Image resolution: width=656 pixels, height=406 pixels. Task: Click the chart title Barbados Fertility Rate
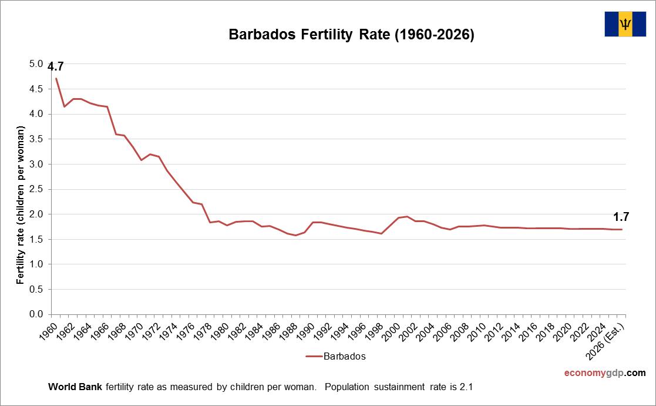[351, 35]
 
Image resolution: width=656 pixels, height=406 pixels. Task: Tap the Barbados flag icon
[626, 24]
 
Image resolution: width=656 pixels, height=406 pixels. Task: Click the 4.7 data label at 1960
[56, 66]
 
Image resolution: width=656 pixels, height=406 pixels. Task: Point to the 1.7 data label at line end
[621, 216]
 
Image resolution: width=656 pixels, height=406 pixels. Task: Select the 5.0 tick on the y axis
[36, 63]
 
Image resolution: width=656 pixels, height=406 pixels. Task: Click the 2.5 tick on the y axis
[36, 189]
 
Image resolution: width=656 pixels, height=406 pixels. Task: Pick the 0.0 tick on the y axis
[36, 314]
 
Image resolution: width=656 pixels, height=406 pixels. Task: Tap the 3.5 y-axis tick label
[36, 139]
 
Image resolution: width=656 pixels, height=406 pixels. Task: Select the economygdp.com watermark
[604, 373]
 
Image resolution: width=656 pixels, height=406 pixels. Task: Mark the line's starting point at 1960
[56, 78]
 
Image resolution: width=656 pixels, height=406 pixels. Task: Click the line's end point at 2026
[622, 229]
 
